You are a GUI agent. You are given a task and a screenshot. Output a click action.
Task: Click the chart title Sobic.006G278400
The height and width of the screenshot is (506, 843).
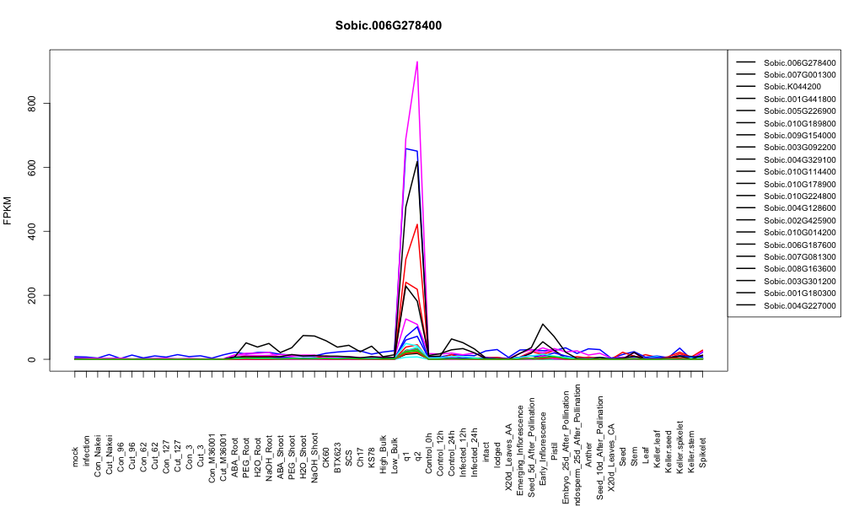click(x=388, y=26)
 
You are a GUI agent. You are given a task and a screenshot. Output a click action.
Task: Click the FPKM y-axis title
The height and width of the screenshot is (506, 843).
click(x=8, y=211)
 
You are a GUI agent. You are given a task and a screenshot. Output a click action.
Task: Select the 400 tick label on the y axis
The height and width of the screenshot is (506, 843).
click(x=32, y=231)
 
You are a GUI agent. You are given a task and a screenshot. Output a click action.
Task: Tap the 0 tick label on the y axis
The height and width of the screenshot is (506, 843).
click(x=32, y=359)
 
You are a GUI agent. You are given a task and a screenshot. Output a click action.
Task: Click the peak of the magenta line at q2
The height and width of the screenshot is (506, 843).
click(x=417, y=62)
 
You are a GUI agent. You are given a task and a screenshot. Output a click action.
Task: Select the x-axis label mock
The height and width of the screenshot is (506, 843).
click(x=75, y=457)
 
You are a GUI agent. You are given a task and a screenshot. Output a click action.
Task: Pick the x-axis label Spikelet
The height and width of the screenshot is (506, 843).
click(x=703, y=452)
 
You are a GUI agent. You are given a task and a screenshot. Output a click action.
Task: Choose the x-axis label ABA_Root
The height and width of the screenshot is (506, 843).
click(x=234, y=448)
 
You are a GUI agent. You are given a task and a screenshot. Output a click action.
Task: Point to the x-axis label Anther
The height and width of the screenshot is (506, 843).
click(x=588, y=454)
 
